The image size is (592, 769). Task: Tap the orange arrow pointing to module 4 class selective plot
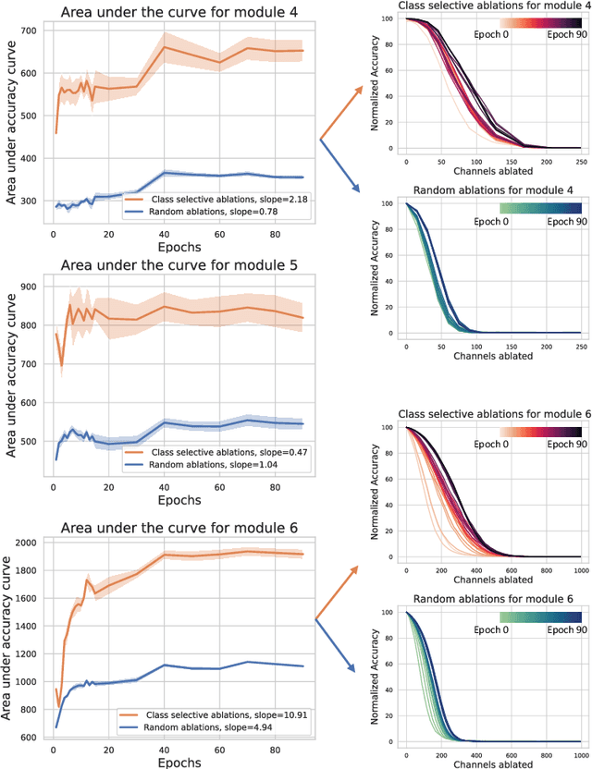(x=342, y=111)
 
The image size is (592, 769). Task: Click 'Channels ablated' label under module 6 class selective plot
(x=490, y=580)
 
